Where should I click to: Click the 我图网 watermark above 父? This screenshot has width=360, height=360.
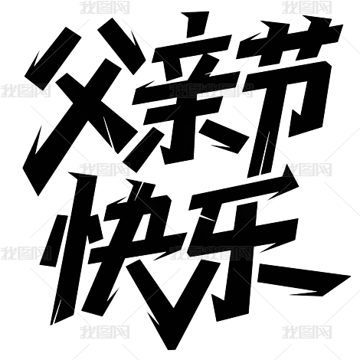105,8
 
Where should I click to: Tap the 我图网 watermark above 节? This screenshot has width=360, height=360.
307,8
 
